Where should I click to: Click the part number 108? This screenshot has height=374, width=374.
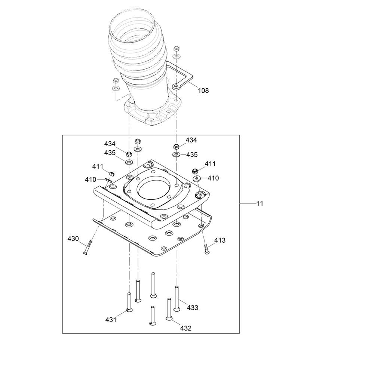[203, 91]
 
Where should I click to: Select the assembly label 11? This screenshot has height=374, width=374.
[260, 203]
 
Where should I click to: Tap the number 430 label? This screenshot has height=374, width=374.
[73, 239]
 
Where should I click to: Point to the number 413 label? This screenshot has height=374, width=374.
[220, 240]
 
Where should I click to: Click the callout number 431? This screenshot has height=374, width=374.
[111, 320]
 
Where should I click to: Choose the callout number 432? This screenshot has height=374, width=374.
[186, 328]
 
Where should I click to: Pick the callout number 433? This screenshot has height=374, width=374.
[193, 308]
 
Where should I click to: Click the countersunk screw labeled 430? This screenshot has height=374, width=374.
[87, 248]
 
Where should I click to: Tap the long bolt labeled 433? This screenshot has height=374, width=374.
[177, 298]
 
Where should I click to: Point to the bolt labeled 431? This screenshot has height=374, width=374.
[129, 302]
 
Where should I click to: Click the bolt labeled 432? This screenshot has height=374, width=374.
[169, 309]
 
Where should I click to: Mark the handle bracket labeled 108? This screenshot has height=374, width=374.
[182, 76]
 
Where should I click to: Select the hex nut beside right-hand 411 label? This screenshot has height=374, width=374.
[195, 171]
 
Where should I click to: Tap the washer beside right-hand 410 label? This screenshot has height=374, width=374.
[197, 178]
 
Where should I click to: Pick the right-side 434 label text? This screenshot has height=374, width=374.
[191, 140]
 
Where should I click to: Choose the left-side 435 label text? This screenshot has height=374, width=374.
[110, 153]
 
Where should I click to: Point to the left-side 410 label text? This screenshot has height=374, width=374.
[91, 180]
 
